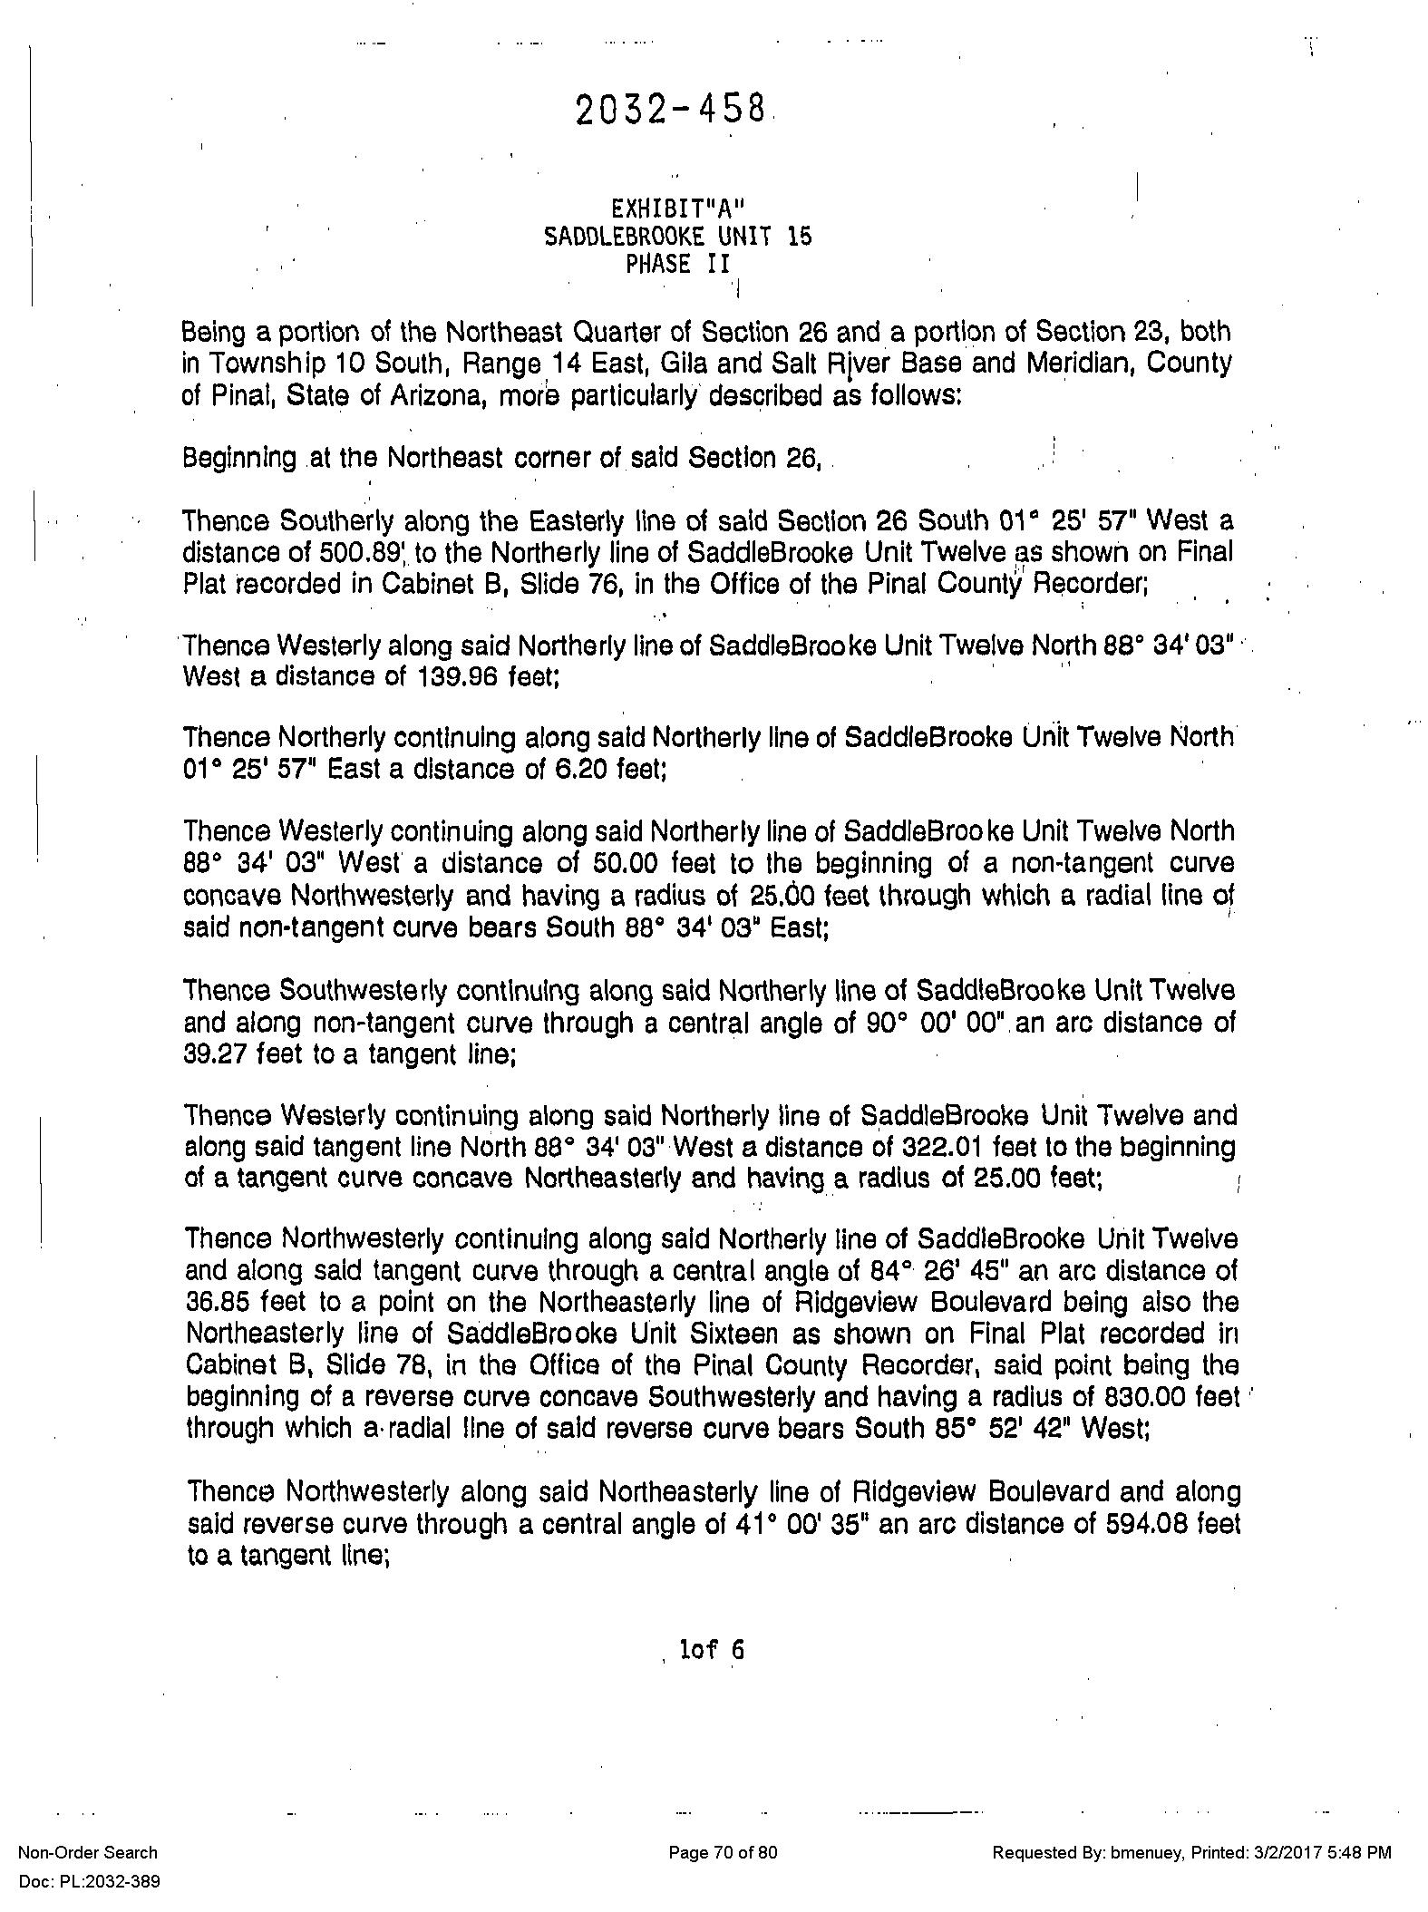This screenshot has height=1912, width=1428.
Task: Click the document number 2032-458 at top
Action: [x=669, y=111]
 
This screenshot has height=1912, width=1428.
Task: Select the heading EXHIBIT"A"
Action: [x=677, y=209]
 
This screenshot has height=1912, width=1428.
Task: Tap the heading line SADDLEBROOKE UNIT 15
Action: [x=677, y=237]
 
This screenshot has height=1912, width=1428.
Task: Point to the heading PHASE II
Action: [x=677, y=265]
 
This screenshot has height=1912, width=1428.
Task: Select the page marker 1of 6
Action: [x=712, y=1650]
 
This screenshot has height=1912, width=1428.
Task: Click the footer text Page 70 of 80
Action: [x=723, y=1852]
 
